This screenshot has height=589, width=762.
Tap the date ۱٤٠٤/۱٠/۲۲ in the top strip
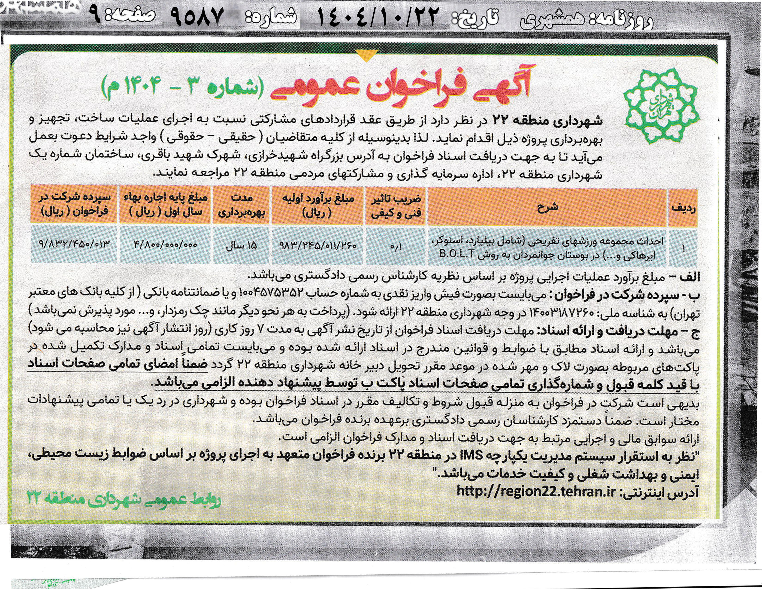(x=377, y=18)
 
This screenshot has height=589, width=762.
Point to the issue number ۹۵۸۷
(x=197, y=18)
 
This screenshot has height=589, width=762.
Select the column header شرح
(x=548, y=207)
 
